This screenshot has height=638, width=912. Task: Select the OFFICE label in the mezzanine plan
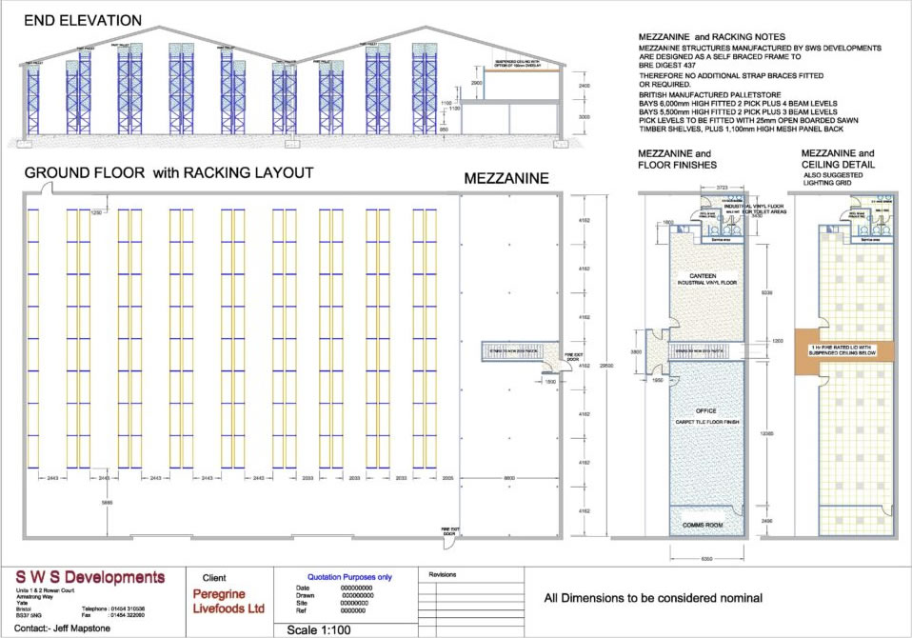pos(705,410)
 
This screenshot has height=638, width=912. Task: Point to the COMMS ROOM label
pos(705,525)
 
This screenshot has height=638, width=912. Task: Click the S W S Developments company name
pos(90,577)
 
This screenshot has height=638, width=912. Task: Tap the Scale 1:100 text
pos(327,630)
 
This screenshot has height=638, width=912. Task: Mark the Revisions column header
pos(444,575)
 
